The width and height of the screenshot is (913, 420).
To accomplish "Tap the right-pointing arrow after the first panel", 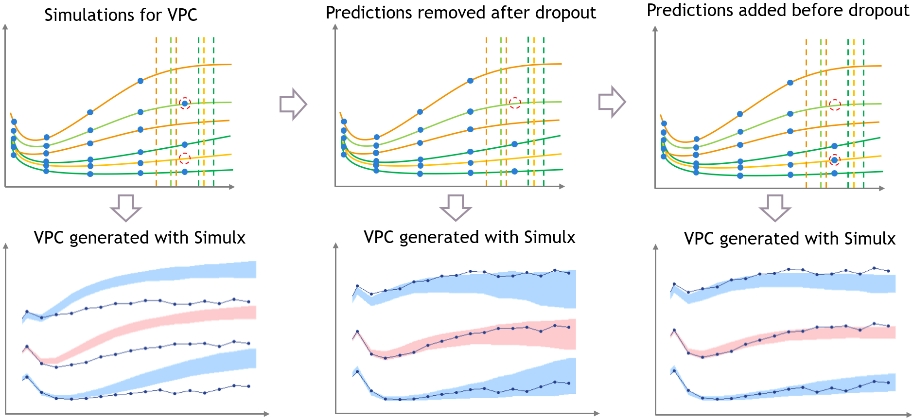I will click(293, 104).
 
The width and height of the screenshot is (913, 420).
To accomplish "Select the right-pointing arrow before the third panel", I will click(612, 102).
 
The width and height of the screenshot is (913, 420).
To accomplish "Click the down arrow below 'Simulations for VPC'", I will click(126, 208).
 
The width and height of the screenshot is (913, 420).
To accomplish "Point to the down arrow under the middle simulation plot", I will click(456, 208).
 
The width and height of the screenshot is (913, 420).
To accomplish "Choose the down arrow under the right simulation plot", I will click(775, 208).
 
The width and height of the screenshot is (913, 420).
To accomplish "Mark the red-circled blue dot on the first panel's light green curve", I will click(185, 103).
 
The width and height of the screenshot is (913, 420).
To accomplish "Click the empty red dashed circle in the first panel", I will click(184, 158).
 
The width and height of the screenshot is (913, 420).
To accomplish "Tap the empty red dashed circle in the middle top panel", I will click(515, 103).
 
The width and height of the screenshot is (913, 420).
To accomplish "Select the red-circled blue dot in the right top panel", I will click(834, 160).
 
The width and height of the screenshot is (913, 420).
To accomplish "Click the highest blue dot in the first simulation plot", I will click(140, 81).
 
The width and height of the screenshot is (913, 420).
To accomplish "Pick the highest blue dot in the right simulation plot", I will click(790, 83).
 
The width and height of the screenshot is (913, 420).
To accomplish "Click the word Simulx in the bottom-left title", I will click(220, 238).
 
